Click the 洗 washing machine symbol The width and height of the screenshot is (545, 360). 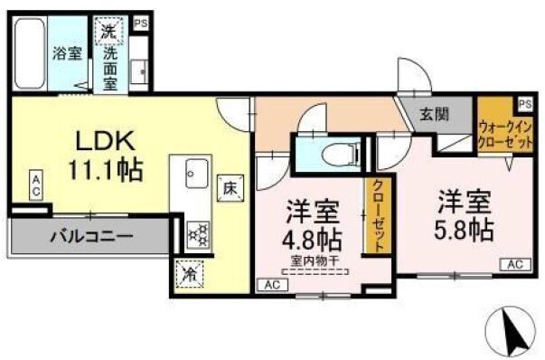pyautogui.click(x=108, y=31)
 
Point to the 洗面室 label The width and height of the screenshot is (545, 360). pyautogui.click(x=108, y=67)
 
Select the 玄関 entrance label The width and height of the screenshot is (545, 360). pyautogui.click(x=431, y=115)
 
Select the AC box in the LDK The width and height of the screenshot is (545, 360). pyautogui.click(x=35, y=186)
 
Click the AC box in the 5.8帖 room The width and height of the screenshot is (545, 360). pyautogui.click(x=515, y=264)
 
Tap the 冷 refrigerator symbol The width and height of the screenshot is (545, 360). pyautogui.click(x=191, y=273)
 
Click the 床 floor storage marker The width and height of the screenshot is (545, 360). pyautogui.click(x=229, y=190)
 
